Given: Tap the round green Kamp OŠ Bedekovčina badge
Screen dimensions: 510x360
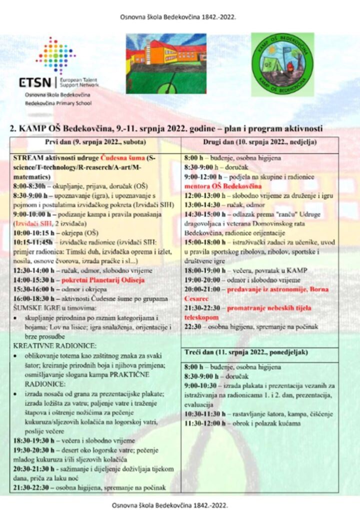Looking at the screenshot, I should tap(282, 64).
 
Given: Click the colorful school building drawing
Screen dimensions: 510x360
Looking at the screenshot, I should tap(166, 63).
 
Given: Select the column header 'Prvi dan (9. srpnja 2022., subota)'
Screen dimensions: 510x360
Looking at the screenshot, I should tap(92, 142).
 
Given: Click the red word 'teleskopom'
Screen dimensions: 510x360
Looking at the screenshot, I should tap(201, 317).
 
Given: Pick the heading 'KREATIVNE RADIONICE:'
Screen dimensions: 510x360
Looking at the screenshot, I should tap(48, 345).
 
